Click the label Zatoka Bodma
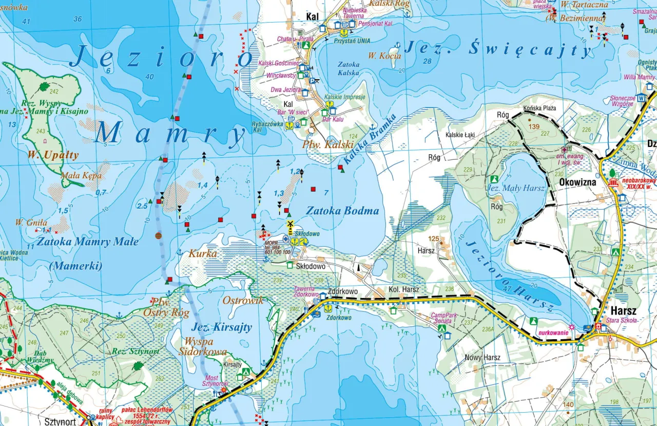342,211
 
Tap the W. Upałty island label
53,154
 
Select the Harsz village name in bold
623,311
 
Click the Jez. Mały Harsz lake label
515,189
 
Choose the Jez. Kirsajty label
222,327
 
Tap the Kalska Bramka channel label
371,140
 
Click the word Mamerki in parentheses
75,266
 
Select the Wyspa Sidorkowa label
203,347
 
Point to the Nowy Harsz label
482,357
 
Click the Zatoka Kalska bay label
349,69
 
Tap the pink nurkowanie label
553,332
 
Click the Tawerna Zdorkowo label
306,291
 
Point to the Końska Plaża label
539,108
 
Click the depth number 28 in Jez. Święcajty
428,62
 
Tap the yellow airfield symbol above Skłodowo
290,224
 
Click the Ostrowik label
243,301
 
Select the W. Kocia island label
385,55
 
